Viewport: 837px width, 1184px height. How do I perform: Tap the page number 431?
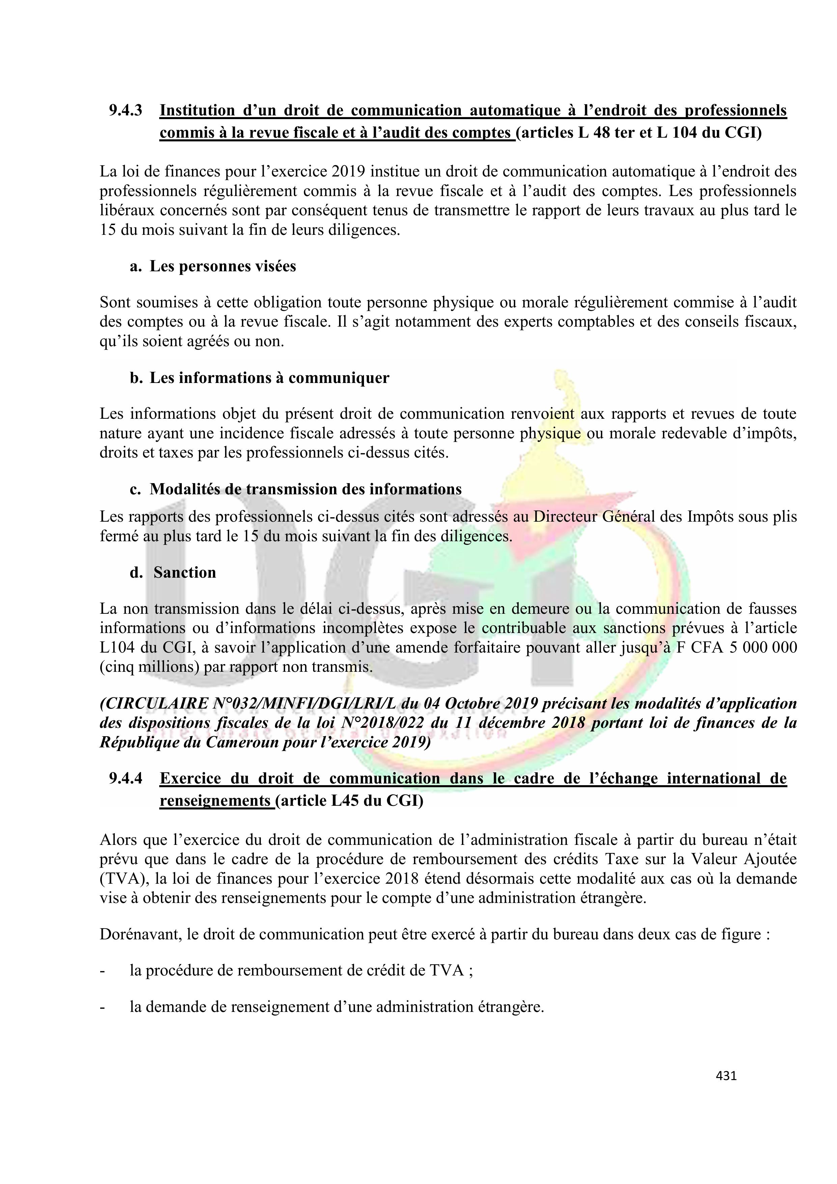[726, 1076]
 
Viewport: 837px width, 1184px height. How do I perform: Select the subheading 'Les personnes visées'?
[223, 267]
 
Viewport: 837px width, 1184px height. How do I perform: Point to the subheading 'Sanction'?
[185, 573]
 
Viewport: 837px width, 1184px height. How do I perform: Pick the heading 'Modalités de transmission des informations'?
[305, 489]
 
